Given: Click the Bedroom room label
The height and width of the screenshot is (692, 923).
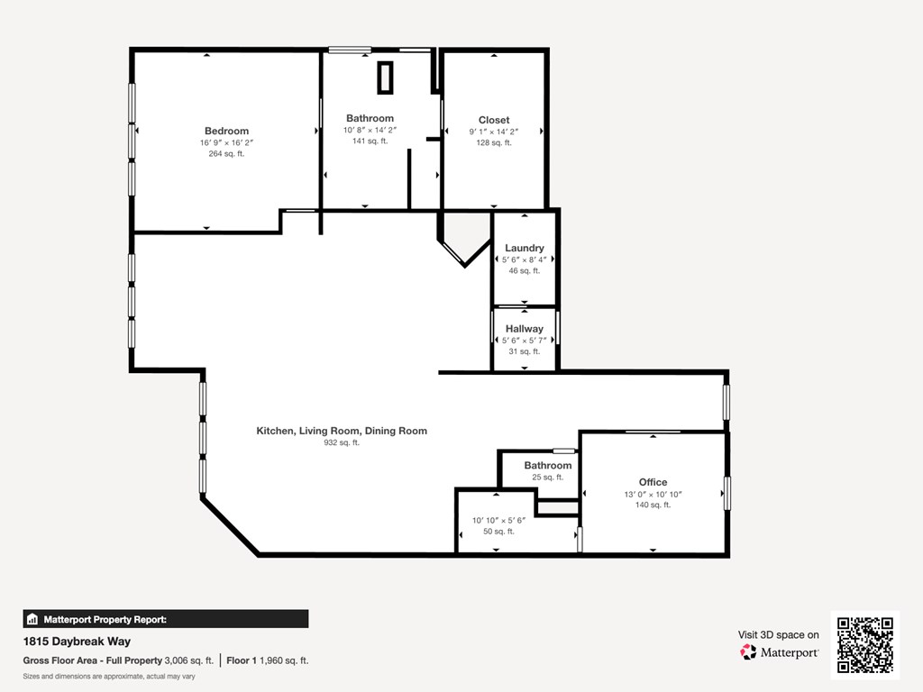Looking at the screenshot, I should pos(226,131).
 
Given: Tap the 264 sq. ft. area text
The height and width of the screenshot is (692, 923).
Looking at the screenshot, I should pos(226,154).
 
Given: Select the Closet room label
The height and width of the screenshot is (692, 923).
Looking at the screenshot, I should pos(494,120).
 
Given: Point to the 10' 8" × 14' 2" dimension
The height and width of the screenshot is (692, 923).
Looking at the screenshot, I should pos(370,130).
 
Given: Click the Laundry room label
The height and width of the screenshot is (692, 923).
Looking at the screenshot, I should pos(524,248).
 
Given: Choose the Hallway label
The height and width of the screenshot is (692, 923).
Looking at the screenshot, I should pos(524,329).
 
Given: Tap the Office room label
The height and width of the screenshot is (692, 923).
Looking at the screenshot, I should pos(653,482).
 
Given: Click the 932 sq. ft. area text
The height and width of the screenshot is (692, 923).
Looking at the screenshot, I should pos(342,442).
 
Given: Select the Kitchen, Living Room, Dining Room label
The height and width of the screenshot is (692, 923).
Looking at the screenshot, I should pos(342,431).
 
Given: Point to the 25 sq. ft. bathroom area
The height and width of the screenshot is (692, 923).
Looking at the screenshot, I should pos(547,478).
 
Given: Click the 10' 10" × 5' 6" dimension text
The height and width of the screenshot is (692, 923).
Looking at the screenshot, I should pos(498,520).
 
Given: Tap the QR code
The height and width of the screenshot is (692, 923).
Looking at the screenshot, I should pos(864,644).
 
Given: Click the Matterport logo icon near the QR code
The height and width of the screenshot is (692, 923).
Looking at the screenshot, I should pos(749,651).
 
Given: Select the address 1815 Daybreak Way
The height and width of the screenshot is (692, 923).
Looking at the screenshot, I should pos(77,642).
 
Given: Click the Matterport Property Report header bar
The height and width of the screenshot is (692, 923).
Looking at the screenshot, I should pos(166,619).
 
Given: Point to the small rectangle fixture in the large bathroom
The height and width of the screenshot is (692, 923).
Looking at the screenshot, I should pos(385,77).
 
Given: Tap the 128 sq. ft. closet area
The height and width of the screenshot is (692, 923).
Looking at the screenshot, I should pos(494,142).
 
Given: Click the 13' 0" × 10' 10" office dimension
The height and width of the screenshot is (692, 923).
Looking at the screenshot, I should pos(653,494).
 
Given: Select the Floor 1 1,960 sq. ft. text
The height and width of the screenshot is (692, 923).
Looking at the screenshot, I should pos(268,660).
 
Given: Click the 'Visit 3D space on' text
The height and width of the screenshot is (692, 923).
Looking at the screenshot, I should pos(779,634).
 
